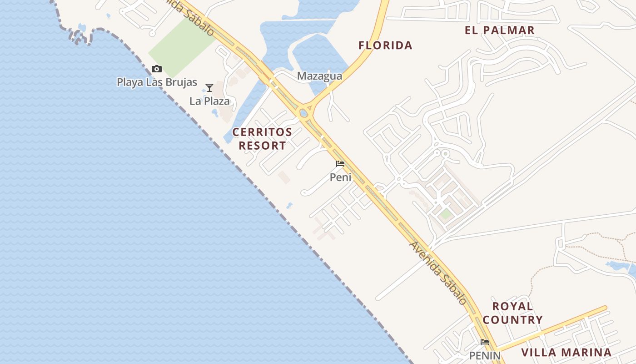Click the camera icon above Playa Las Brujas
157,69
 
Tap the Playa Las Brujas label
157,82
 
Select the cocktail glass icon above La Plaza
209,87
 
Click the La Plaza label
209,101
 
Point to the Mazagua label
319,76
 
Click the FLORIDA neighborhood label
385,45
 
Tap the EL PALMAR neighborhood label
499,30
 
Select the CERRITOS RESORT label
262,139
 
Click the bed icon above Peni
340,164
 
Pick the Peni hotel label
340,177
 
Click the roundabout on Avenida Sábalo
303,112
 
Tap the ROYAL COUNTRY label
512,313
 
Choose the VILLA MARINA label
566,353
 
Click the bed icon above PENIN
485,342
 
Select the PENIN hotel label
485,355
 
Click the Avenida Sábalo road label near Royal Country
437,273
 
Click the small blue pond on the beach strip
289,206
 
